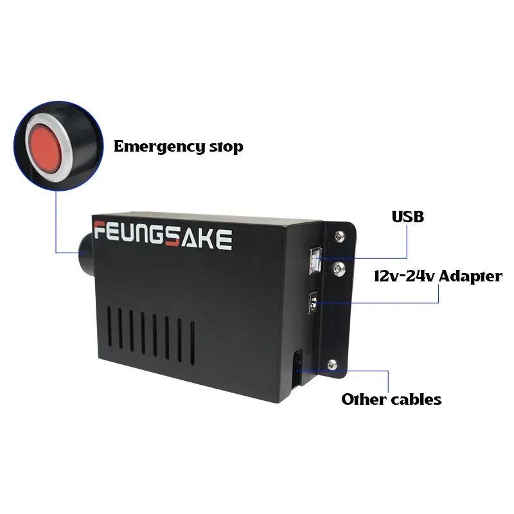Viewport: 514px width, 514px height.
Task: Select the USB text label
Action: pos(408,217)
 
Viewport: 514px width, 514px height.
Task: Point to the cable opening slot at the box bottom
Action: pos(296,369)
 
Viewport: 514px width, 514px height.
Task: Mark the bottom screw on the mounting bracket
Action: pos(332,364)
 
